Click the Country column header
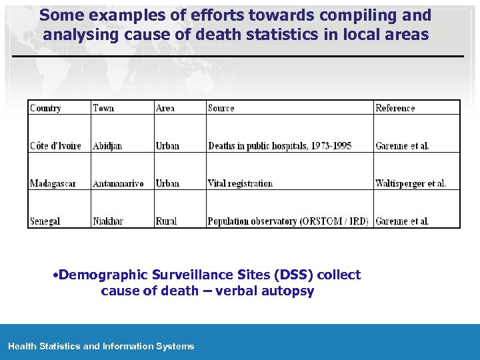tap(45, 108)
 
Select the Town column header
tap(103, 108)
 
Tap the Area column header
tap(165, 108)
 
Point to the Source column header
tap(221, 108)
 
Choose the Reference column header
tap(395, 108)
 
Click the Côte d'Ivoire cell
tap(55, 146)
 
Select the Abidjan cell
tap(107, 146)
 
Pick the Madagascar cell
tap(53, 183)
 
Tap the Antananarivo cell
tap(118, 183)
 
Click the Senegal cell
tap(45, 221)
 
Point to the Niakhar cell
tap(108, 221)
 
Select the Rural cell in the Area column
tap(166, 221)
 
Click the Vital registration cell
tap(240, 183)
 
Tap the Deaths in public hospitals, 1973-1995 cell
tap(279, 146)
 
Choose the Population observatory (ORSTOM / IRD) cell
tap(288, 221)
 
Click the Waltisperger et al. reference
tap(411, 183)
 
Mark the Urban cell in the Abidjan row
tap(167, 146)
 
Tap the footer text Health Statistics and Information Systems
tap(101, 346)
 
